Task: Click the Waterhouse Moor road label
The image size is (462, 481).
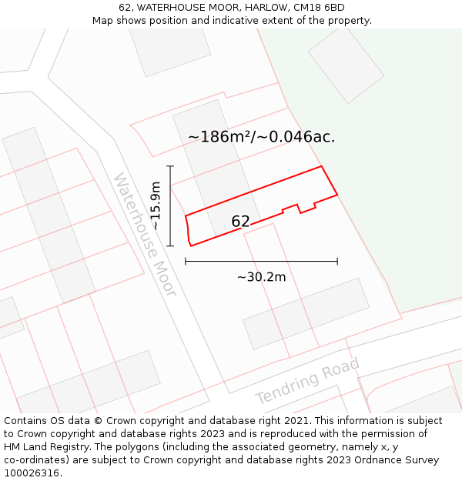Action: (x=145, y=235)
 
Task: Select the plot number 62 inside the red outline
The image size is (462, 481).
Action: (x=240, y=222)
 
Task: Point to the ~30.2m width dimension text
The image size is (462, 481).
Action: (x=261, y=277)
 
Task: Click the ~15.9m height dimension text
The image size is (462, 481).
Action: (x=156, y=205)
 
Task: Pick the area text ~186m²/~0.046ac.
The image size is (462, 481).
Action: (x=261, y=137)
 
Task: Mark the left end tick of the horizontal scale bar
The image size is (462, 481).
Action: (x=186, y=262)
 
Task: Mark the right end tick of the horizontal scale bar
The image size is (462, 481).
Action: (x=337, y=262)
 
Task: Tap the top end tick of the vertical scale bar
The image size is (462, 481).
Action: (x=170, y=166)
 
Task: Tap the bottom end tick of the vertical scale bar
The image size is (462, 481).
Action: (x=170, y=246)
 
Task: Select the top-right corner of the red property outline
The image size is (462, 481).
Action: (x=321, y=166)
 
